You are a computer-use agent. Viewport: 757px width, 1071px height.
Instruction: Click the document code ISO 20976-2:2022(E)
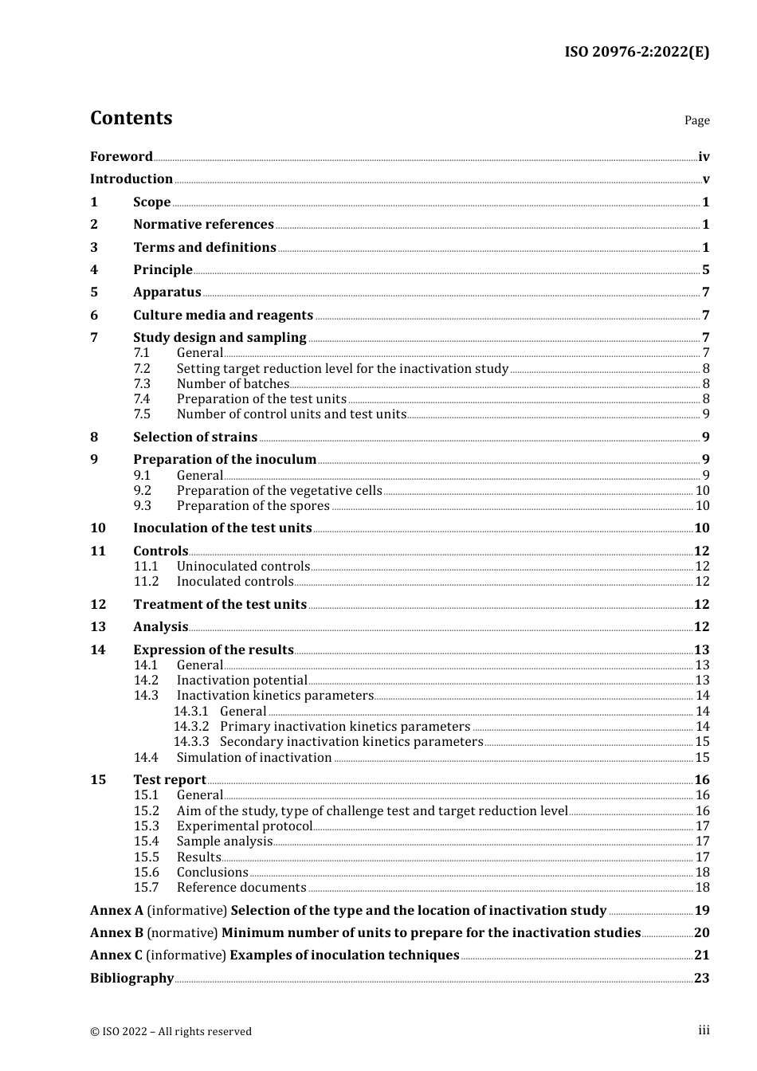point(637,52)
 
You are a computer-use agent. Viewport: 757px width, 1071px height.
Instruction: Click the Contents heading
point(131,118)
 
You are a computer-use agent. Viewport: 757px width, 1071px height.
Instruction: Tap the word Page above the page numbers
point(696,120)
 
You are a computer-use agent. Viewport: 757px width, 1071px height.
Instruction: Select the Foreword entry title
point(121,157)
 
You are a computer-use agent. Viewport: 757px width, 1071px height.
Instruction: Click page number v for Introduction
point(705,179)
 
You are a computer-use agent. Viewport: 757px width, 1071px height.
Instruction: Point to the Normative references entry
point(203,225)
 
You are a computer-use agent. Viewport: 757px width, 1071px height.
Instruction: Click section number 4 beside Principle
point(94,270)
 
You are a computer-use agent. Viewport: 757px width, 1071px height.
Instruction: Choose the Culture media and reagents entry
point(222,316)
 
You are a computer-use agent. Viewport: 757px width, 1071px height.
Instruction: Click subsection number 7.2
point(142,369)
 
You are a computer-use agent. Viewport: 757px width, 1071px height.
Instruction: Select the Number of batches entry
point(233,384)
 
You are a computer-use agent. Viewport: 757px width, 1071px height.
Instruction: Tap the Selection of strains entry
point(195,437)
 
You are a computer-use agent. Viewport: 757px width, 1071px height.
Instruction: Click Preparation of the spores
point(253,506)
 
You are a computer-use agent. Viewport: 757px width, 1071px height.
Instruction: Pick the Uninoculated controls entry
point(243,567)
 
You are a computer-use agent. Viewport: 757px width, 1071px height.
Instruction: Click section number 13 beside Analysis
point(98,627)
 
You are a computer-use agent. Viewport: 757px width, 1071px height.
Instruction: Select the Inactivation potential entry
point(241,681)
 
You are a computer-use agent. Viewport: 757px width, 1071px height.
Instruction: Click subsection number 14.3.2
point(191,727)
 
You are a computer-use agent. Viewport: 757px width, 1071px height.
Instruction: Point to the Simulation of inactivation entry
point(253,758)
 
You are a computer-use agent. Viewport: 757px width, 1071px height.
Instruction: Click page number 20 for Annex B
point(701,933)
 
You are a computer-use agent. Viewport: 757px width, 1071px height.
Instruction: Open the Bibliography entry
point(131,979)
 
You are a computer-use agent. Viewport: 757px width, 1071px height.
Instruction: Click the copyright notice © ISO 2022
point(171,1032)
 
